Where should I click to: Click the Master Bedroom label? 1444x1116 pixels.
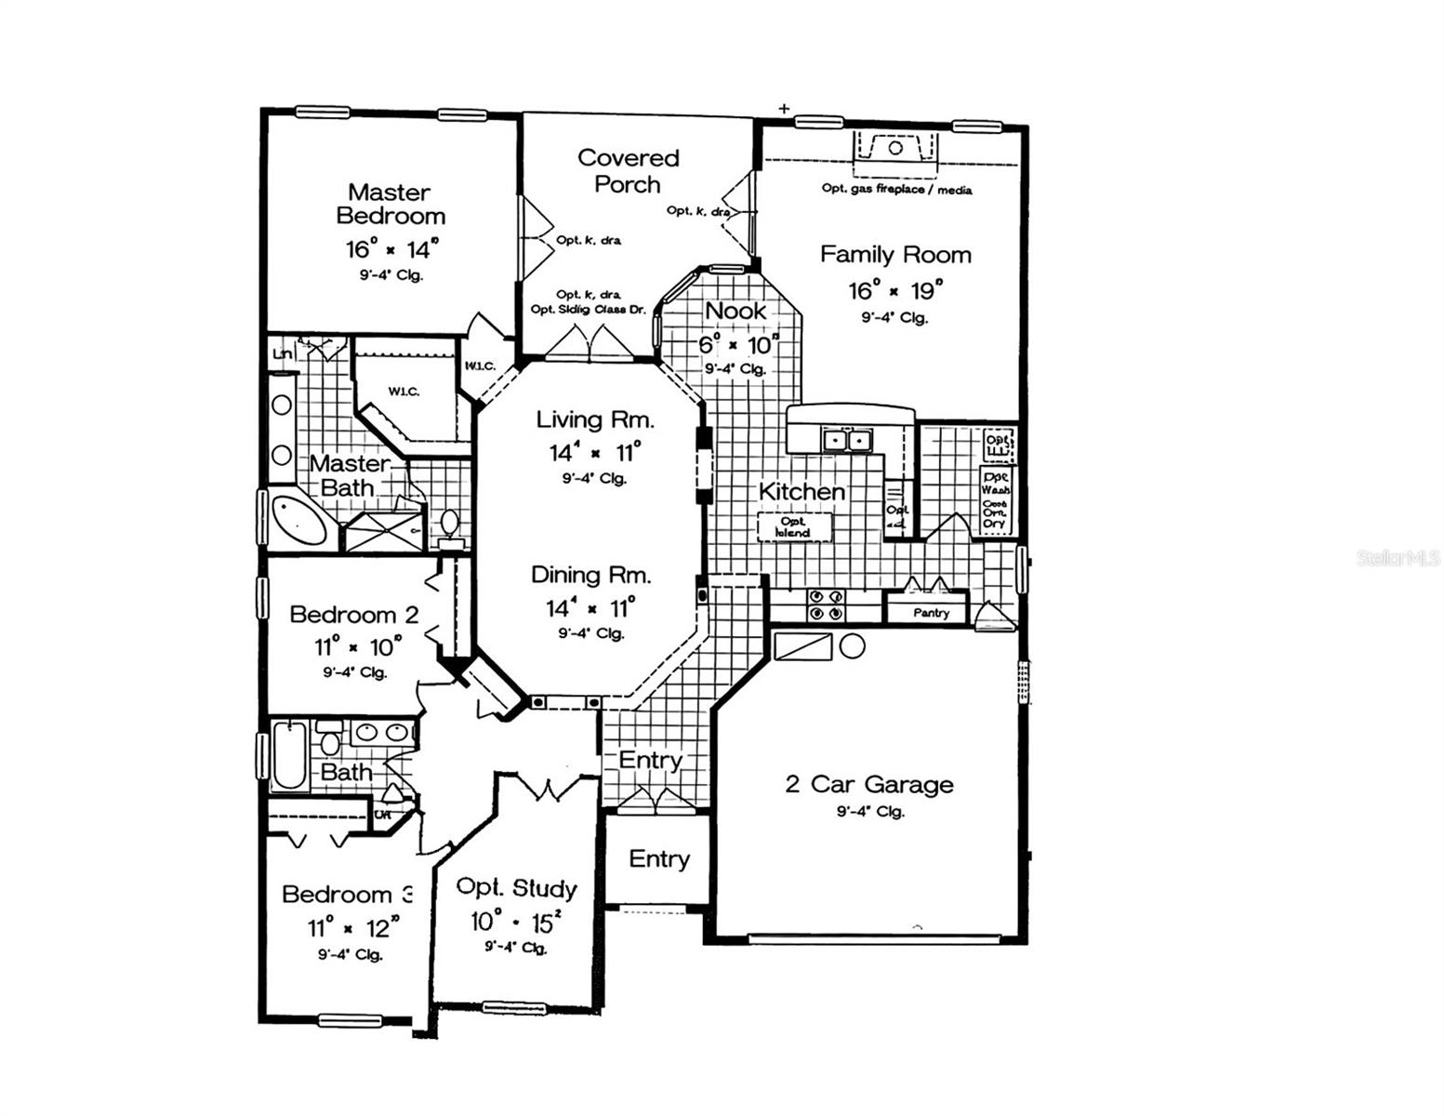[x=390, y=205]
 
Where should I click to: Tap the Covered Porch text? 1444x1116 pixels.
[x=628, y=171]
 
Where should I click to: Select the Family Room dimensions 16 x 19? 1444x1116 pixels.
[x=894, y=290]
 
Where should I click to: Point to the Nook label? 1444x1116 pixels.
[x=735, y=311]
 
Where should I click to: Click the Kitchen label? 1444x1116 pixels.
[x=801, y=491]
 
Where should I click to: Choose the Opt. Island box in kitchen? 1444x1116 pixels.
[x=793, y=527]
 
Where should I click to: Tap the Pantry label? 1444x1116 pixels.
[x=931, y=613]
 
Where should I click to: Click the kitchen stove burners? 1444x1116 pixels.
[x=825, y=605]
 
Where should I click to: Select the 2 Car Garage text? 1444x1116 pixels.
[x=869, y=784]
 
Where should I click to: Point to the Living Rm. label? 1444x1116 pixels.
[x=595, y=419]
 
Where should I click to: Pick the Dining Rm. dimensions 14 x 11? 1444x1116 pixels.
[x=590, y=608]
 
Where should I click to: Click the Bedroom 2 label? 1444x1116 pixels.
[x=353, y=615]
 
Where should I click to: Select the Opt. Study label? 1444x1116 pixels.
[x=516, y=888]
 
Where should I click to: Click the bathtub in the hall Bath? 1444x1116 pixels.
[x=290, y=754]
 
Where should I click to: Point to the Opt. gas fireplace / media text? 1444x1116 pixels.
[x=896, y=190]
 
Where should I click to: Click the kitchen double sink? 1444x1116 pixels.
[x=848, y=440]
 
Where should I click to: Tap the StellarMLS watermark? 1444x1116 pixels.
[x=1398, y=558]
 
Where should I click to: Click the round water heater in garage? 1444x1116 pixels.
[x=853, y=646]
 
